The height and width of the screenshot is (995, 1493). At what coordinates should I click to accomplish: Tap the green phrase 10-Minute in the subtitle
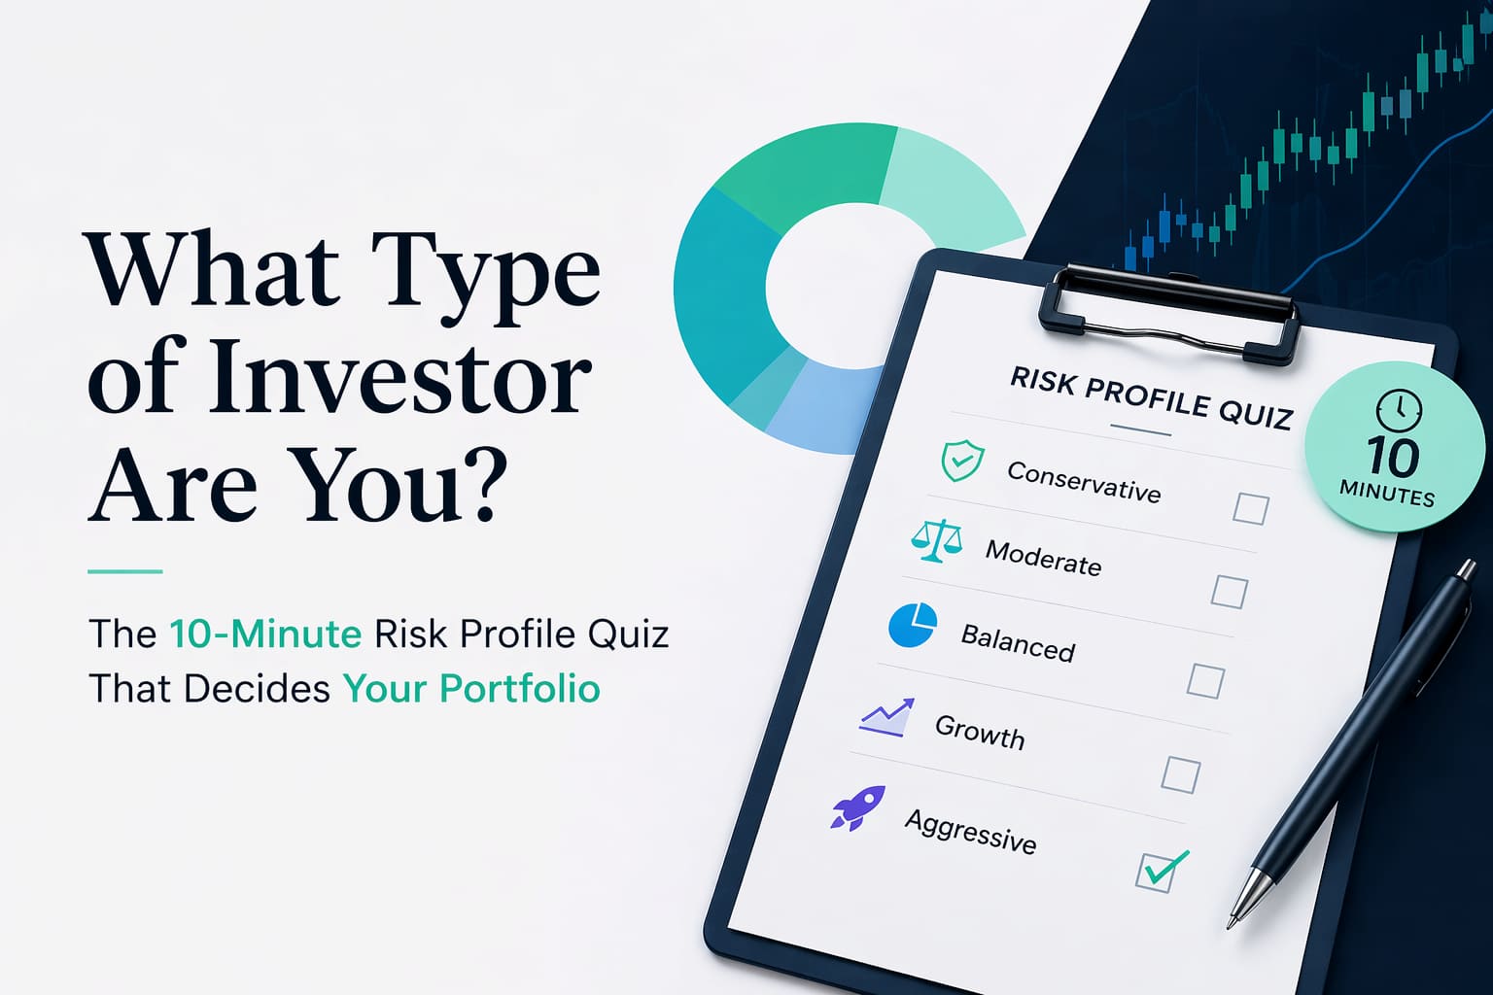coord(265,634)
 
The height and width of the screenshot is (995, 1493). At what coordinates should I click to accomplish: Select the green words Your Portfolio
coord(471,689)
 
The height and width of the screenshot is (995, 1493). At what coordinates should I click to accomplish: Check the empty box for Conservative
coord(1250,508)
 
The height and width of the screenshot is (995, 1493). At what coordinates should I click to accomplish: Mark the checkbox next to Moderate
coord(1229,591)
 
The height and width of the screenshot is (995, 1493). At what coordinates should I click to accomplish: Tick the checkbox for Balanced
coord(1205,680)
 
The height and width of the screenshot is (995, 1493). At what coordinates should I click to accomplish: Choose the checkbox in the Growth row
coord(1180,774)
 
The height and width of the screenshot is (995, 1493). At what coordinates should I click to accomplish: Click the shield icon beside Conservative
coord(962,460)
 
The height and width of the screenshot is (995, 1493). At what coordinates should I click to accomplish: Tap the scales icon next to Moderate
coord(937,540)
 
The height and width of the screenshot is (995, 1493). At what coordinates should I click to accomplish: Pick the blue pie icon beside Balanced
coord(913,625)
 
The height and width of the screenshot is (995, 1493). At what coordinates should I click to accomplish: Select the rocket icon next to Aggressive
coord(857,807)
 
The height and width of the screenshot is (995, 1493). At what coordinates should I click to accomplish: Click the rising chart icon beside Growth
coord(886,717)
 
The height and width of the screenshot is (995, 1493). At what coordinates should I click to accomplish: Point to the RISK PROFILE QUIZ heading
coord(1151,396)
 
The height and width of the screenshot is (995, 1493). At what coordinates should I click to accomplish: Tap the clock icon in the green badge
coord(1399,410)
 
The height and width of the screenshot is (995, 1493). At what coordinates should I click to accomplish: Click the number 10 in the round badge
coord(1393,457)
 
